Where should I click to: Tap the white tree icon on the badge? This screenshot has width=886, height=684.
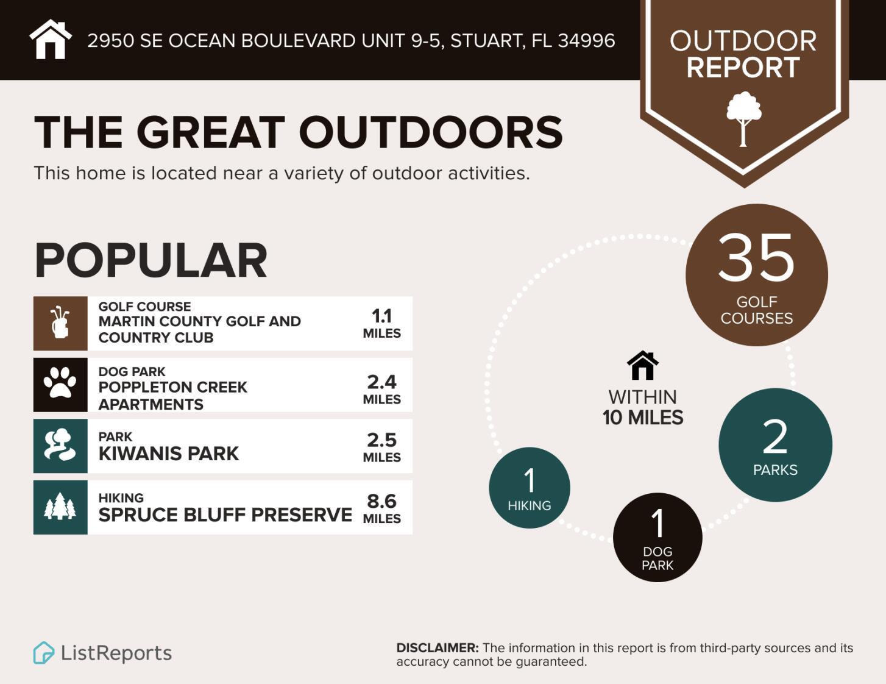(743, 119)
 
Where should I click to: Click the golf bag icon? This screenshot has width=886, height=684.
(60, 322)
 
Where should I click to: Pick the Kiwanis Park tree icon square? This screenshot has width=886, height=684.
(60, 446)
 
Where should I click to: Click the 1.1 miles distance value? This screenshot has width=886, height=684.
(381, 324)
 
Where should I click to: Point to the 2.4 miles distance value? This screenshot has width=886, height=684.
(381, 390)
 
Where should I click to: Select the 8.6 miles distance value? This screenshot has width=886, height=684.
(381, 509)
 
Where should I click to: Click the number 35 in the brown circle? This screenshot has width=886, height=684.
(756, 258)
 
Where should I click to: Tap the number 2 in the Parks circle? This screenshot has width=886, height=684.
(774, 437)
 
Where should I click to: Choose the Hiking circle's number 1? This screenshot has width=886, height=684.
(530, 480)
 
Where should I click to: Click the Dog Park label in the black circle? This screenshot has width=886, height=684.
(657, 558)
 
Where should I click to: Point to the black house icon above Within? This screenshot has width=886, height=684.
(643, 365)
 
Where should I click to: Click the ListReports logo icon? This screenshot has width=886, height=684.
(44, 652)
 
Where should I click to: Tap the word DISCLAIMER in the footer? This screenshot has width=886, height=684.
(438, 647)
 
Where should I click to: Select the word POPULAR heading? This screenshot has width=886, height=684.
(151, 260)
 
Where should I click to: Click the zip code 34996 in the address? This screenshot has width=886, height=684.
(586, 40)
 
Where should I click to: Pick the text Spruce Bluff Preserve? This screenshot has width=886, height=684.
(225, 515)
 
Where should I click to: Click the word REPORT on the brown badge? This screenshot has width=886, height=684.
(743, 67)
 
